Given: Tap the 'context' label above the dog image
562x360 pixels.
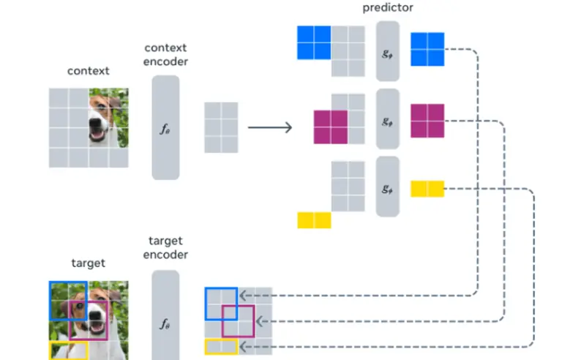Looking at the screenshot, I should pos(88,71).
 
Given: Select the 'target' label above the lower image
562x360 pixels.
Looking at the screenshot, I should pos(88,263).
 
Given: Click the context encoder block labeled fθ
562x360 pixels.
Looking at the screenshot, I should pos(165,127).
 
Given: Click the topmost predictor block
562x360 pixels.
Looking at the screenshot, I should pos(388,50).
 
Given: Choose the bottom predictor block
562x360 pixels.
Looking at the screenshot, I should pos(388,187).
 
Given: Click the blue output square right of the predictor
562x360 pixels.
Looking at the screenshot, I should pos(427,50).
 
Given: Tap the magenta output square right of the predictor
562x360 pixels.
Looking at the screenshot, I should pos(427,121).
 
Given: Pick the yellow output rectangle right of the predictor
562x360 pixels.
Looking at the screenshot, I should pos(427,189).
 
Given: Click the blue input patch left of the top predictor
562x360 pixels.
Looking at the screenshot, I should pos(314,42).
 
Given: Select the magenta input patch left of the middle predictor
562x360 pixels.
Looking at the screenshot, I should pos(330,127).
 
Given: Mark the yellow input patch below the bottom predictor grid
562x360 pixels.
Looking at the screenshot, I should pos(314,220).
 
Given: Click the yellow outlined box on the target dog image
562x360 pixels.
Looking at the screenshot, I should pos(69,350).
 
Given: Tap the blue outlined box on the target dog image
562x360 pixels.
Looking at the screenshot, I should pos(69,301).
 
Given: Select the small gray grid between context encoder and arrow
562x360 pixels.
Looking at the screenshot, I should pos(221,127).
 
